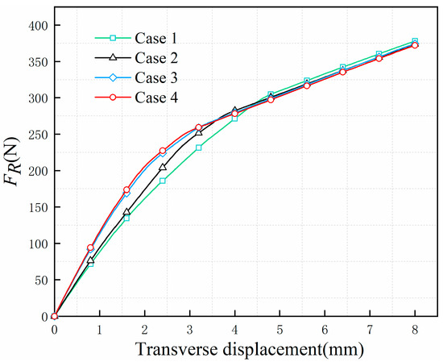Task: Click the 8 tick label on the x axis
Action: click(415, 331)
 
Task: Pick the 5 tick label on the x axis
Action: click(279, 331)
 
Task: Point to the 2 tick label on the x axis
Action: click(144, 331)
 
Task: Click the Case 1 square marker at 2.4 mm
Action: click(163, 181)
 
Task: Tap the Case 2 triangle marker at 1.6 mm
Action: click(126, 212)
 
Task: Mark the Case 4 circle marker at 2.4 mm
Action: click(163, 151)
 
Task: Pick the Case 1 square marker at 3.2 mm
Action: click(198, 148)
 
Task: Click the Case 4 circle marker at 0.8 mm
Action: click(90, 248)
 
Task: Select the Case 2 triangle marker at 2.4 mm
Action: click(163, 167)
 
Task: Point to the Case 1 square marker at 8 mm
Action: click(415, 41)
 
